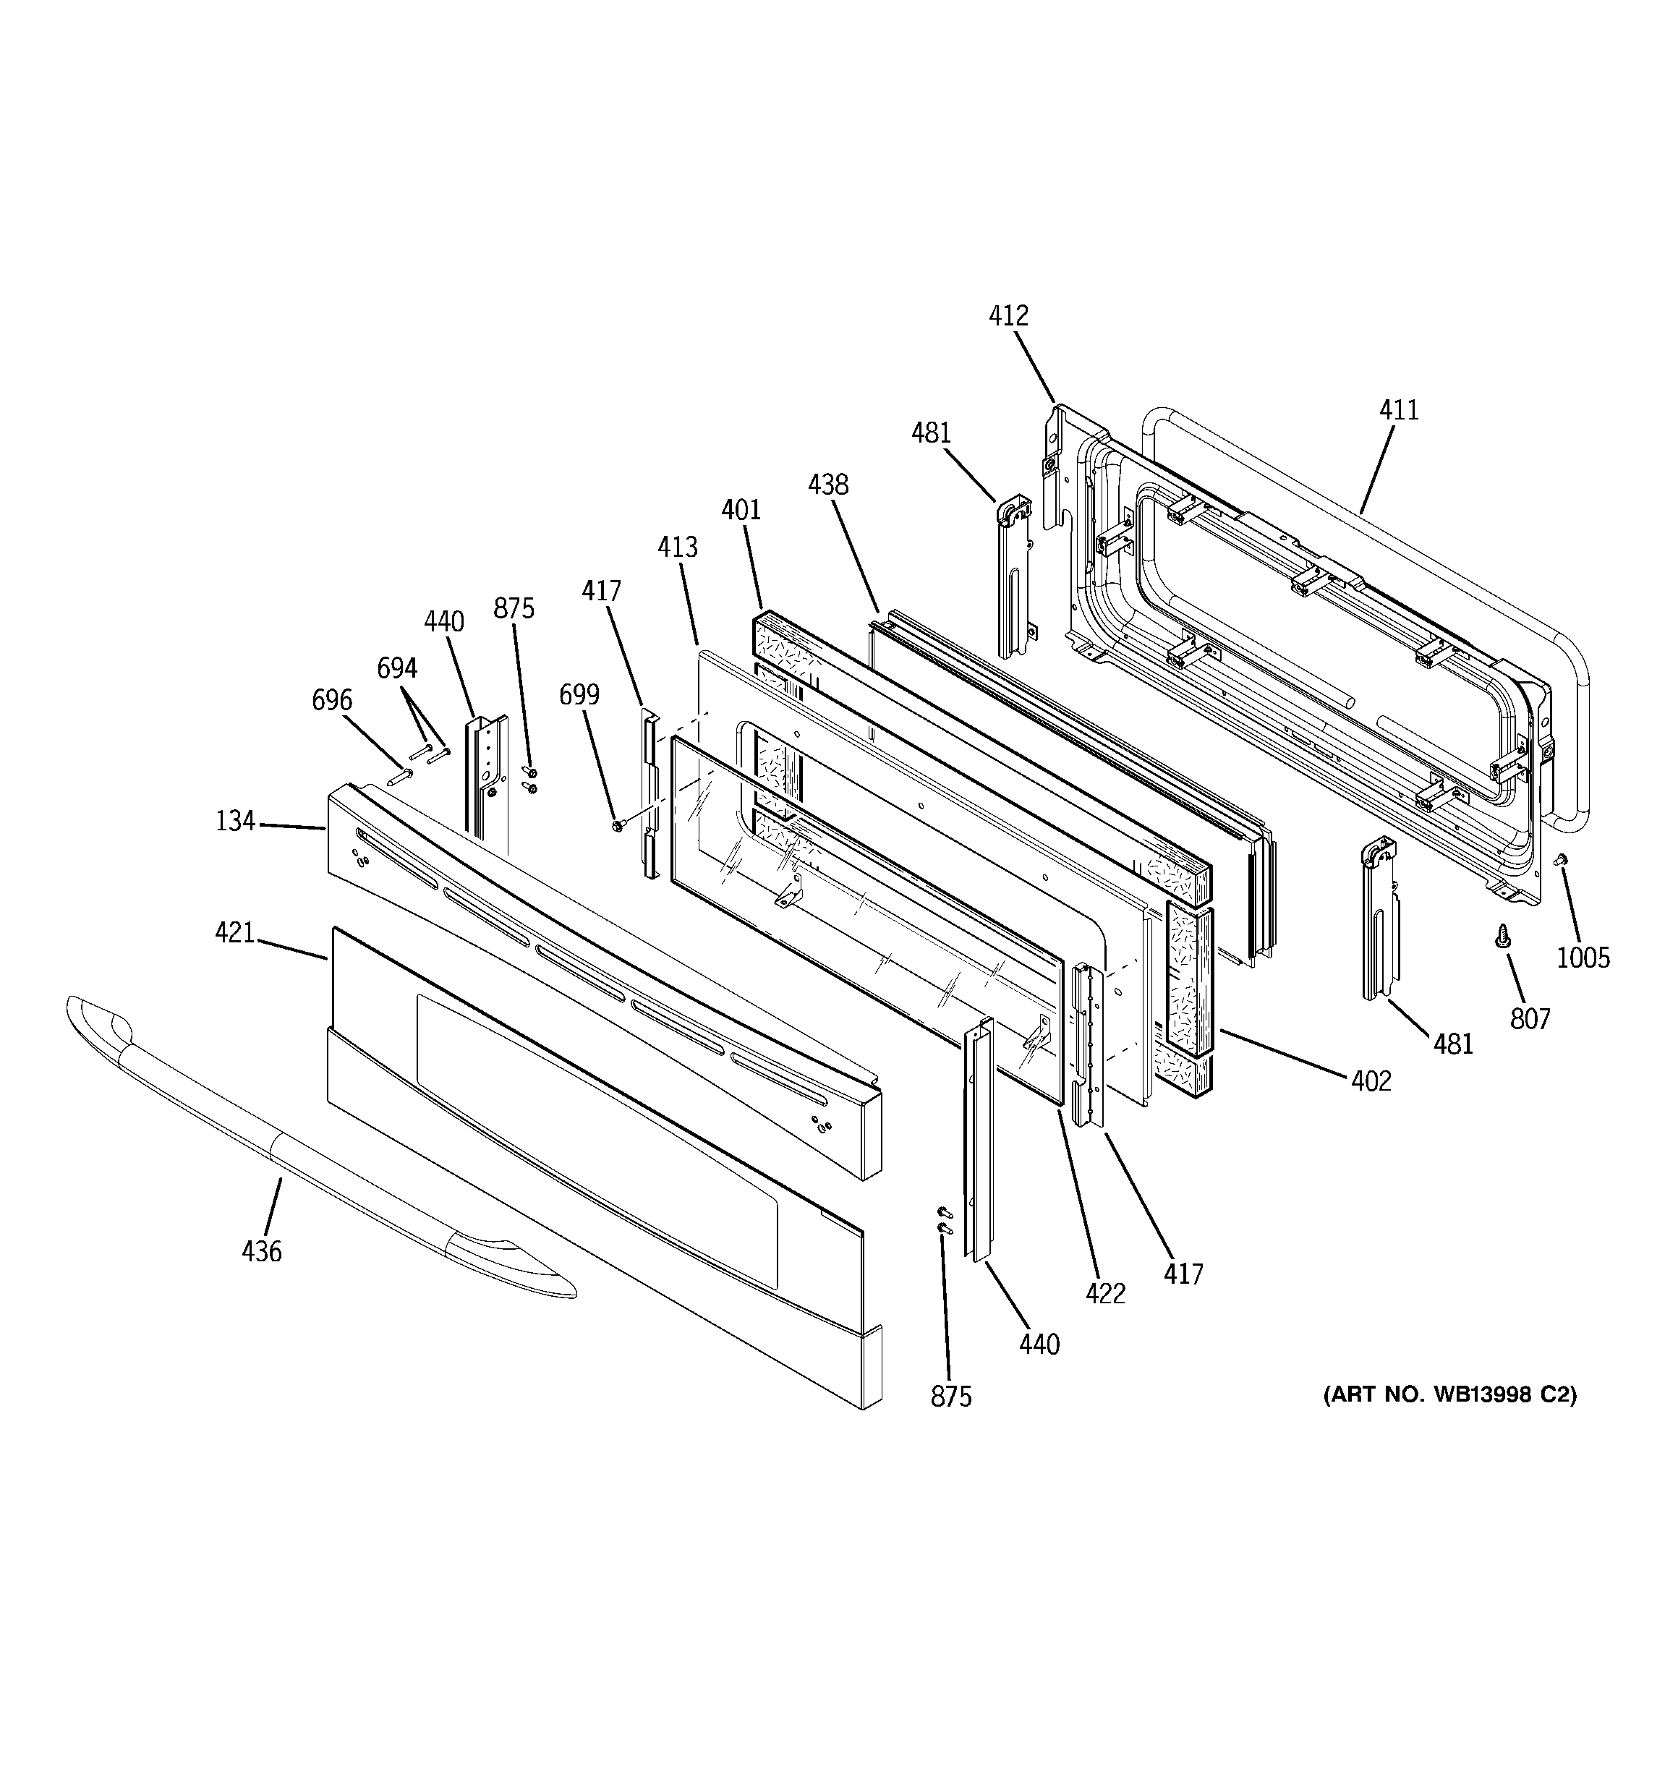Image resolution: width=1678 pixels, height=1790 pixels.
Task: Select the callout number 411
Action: (x=1399, y=411)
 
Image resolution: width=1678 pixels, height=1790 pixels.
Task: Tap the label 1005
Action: (x=1583, y=957)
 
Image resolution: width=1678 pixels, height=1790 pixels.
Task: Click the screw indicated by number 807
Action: (x=1502, y=938)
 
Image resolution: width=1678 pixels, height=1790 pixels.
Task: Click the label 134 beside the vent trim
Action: (x=235, y=821)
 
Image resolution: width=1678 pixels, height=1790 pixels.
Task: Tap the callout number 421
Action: (x=234, y=933)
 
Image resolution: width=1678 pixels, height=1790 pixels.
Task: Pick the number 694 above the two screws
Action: (x=396, y=668)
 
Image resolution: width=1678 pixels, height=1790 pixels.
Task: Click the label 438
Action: (x=827, y=485)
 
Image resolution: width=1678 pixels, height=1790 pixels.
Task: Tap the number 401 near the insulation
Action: (x=741, y=511)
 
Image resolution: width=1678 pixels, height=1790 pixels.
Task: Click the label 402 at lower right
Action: (x=1371, y=1081)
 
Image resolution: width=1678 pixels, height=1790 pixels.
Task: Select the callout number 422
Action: (x=1105, y=1294)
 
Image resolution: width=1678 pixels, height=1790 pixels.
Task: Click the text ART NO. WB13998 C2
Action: (x=1449, y=1394)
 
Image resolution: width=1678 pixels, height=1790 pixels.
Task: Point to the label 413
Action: (x=677, y=547)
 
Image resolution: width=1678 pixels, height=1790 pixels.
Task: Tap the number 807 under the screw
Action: (x=1530, y=1019)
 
